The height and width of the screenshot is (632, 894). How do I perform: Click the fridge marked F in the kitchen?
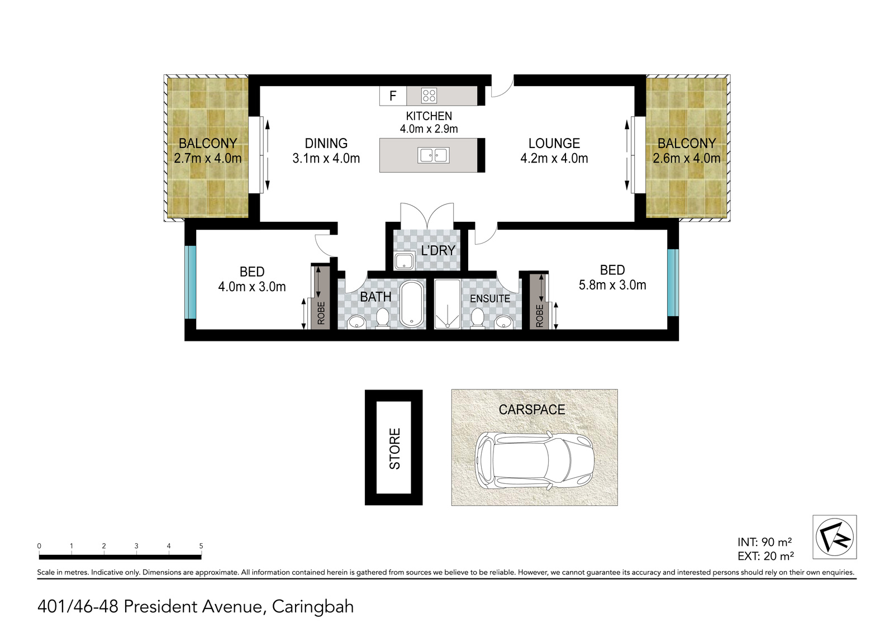click(393, 96)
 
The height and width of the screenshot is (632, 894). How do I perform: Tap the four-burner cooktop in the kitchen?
click(429, 96)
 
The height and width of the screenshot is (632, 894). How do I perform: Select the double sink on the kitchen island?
click(434, 155)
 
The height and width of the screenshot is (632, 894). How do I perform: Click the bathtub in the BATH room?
click(412, 303)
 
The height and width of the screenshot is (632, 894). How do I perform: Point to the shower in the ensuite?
click(448, 304)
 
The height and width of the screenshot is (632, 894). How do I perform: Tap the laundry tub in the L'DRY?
click(405, 262)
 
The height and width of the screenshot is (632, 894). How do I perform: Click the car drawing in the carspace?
click(534, 460)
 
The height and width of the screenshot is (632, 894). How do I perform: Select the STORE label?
click(394, 448)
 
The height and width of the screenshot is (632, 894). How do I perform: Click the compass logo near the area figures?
click(835, 537)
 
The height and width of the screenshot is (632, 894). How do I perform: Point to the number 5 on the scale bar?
click(201, 546)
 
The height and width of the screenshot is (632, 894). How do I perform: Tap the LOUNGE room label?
click(554, 143)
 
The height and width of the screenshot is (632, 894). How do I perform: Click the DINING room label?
click(326, 143)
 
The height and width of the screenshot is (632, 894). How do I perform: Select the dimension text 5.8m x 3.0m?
click(612, 285)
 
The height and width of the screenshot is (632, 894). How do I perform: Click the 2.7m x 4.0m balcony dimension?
click(207, 159)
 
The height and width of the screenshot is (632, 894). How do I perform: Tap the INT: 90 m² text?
click(765, 542)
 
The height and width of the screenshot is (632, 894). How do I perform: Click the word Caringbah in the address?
click(313, 607)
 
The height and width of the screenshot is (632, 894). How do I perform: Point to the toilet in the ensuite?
click(477, 319)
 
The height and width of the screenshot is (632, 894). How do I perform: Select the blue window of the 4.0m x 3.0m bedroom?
click(191, 282)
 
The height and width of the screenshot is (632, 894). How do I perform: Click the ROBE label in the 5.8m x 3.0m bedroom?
click(540, 316)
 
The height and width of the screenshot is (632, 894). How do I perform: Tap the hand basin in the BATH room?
click(356, 322)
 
